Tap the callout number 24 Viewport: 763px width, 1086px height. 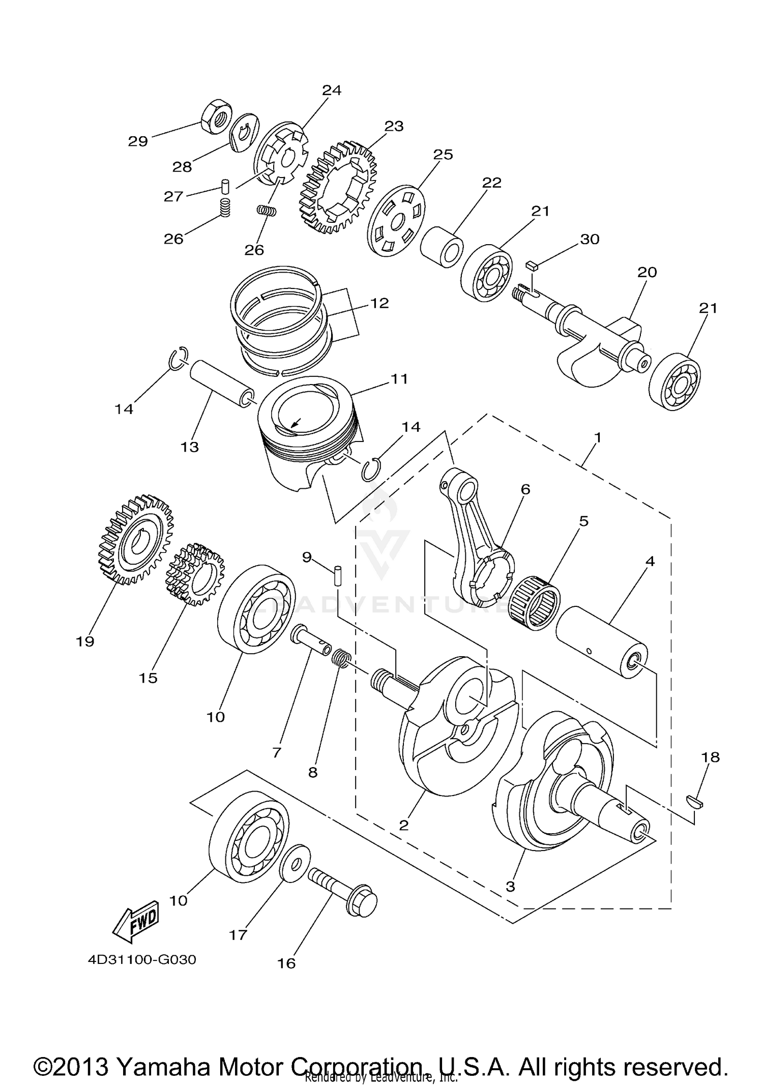point(331,91)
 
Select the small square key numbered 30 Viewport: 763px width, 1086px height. point(532,264)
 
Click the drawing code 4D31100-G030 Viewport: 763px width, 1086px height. point(142,960)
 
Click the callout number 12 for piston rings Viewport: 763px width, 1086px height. point(379,303)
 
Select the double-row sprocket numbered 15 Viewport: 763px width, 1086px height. point(195,574)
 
